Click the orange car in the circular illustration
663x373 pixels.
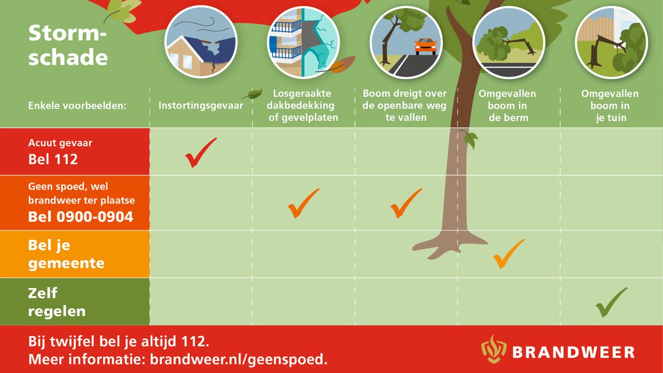pyautogui.click(x=426, y=46)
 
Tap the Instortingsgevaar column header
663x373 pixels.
pyautogui.click(x=200, y=105)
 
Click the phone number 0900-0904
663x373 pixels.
pyautogui.click(x=95, y=217)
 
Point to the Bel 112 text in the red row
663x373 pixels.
pyautogui.click(x=53, y=159)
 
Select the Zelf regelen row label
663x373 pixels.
pyautogui.click(x=57, y=302)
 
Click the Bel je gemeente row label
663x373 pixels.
pyautogui.click(x=66, y=254)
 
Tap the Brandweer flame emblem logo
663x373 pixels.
pyautogui.click(x=494, y=349)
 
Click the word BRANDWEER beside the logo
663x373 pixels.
pyautogui.click(x=573, y=352)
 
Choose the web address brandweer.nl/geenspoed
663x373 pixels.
pyautogui.click(x=239, y=360)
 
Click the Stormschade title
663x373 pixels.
pyautogui.click(x=68, y=45)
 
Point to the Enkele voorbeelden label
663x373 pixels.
pyautogui.click(x=77, y=106)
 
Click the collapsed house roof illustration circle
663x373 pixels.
pyautogui.click(x=201, y=42)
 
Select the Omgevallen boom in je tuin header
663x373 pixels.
pyautogui.click(x=610, y=106)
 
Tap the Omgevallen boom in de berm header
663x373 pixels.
pyautogui.click(x=507, y=106)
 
